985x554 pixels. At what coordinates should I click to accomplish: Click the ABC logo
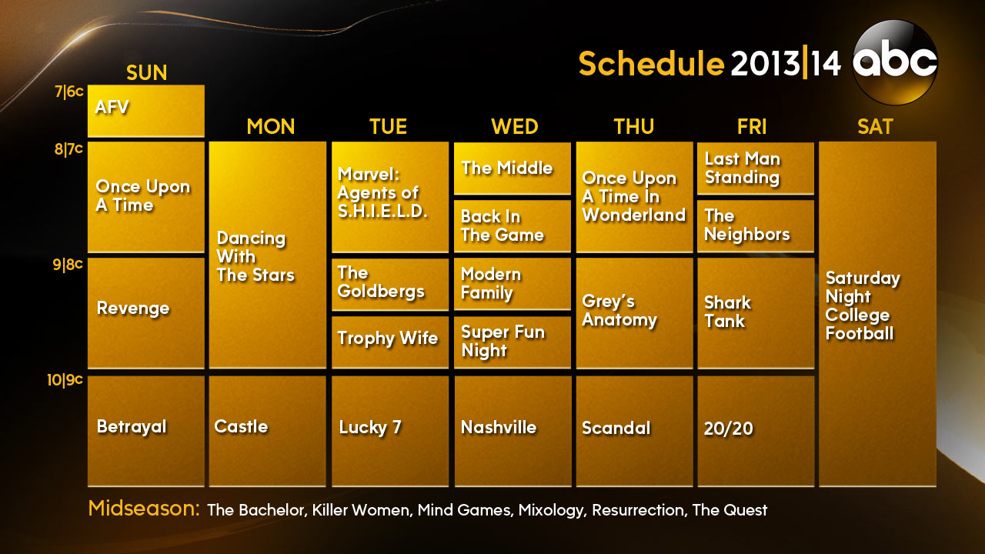(x=895, y=62)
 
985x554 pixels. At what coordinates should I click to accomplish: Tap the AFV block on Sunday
(x=146, y=111)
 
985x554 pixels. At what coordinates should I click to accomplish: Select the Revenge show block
(x=146, y=312)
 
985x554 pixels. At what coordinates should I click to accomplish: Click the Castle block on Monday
(x=267, y=431)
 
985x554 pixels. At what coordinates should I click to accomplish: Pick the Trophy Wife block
(x=390, y=342)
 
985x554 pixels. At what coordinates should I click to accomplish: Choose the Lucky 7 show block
(x=390, y=431)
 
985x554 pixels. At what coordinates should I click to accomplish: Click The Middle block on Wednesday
(x=513, y=168)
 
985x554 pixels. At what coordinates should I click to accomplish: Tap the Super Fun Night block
(x=513, y=342)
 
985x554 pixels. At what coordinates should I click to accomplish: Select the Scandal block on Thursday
(x=635, y=431)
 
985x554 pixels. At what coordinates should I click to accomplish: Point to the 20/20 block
(x=756, y=431)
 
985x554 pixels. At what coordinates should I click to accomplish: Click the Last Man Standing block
(x=756, y=168)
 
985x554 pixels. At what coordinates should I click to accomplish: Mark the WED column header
(x=515, y=127)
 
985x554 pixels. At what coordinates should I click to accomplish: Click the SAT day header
(x=875, y=127)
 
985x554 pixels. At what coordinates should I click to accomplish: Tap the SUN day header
(x=146, y=72)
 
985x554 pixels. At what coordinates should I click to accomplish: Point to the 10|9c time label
(x=65, y=380)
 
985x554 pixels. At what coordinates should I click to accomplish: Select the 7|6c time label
(x=69, y=92)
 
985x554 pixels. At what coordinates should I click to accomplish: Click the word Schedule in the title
(x=651, y=63)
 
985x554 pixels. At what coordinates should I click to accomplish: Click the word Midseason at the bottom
(x=144, y=509)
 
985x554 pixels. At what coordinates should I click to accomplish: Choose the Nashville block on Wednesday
(x=513, y=431)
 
